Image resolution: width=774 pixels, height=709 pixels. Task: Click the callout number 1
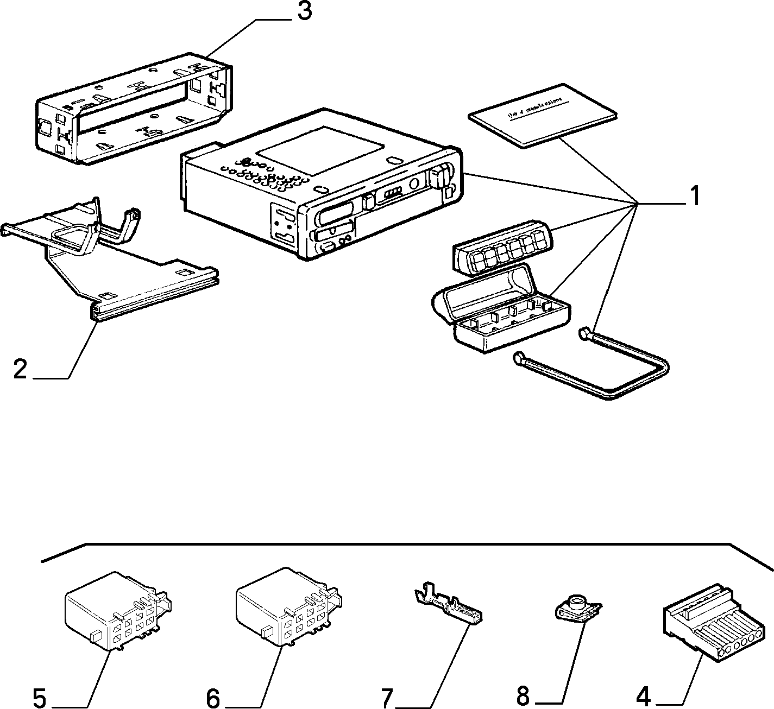coord(694,196)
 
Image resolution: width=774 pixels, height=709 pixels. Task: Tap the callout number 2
coord(20,369)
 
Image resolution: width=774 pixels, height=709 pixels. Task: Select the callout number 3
coord(304,11)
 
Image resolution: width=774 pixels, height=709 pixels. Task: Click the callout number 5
coord(39,697)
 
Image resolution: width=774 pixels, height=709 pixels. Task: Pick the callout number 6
coord(213,697)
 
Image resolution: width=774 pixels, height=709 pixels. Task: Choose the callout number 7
coord(386,697)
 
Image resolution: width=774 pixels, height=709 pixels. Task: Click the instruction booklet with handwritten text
coord(543,115)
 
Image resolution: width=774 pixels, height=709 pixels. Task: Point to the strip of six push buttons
coord(503,248)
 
